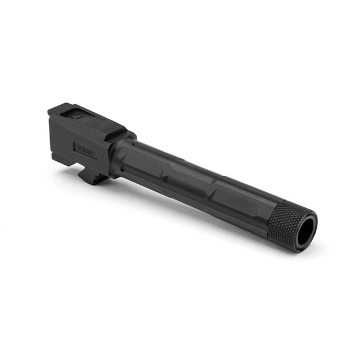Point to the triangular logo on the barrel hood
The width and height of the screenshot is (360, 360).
[77, 114]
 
